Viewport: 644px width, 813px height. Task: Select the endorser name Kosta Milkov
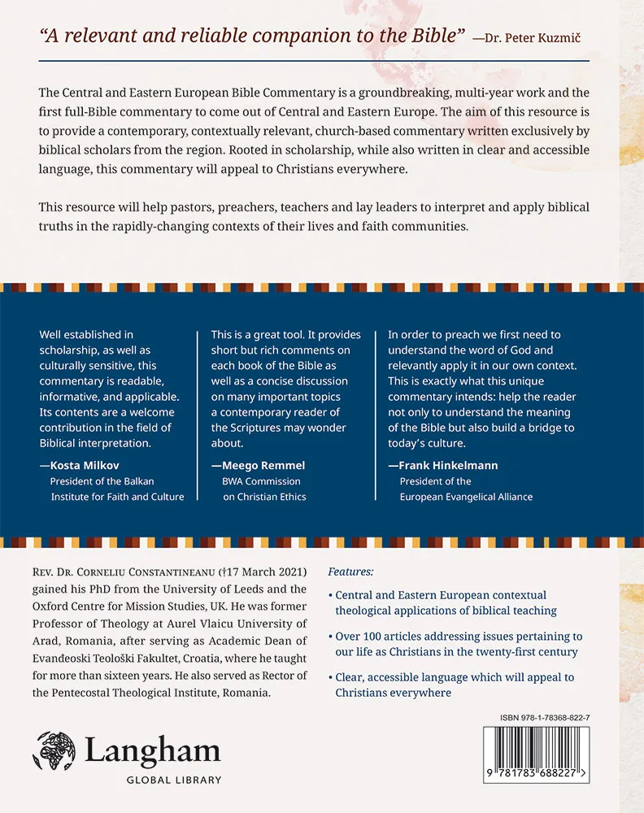[83, 466]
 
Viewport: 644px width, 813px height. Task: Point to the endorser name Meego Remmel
[258, 466]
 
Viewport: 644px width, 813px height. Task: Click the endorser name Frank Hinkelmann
[443, 466]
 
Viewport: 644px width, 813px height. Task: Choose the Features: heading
[350, 571]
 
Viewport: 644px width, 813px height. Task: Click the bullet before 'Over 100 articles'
[329, 637]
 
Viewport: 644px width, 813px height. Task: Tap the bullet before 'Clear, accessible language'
[329, 678]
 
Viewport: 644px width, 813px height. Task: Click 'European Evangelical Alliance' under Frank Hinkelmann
[466, 497]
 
